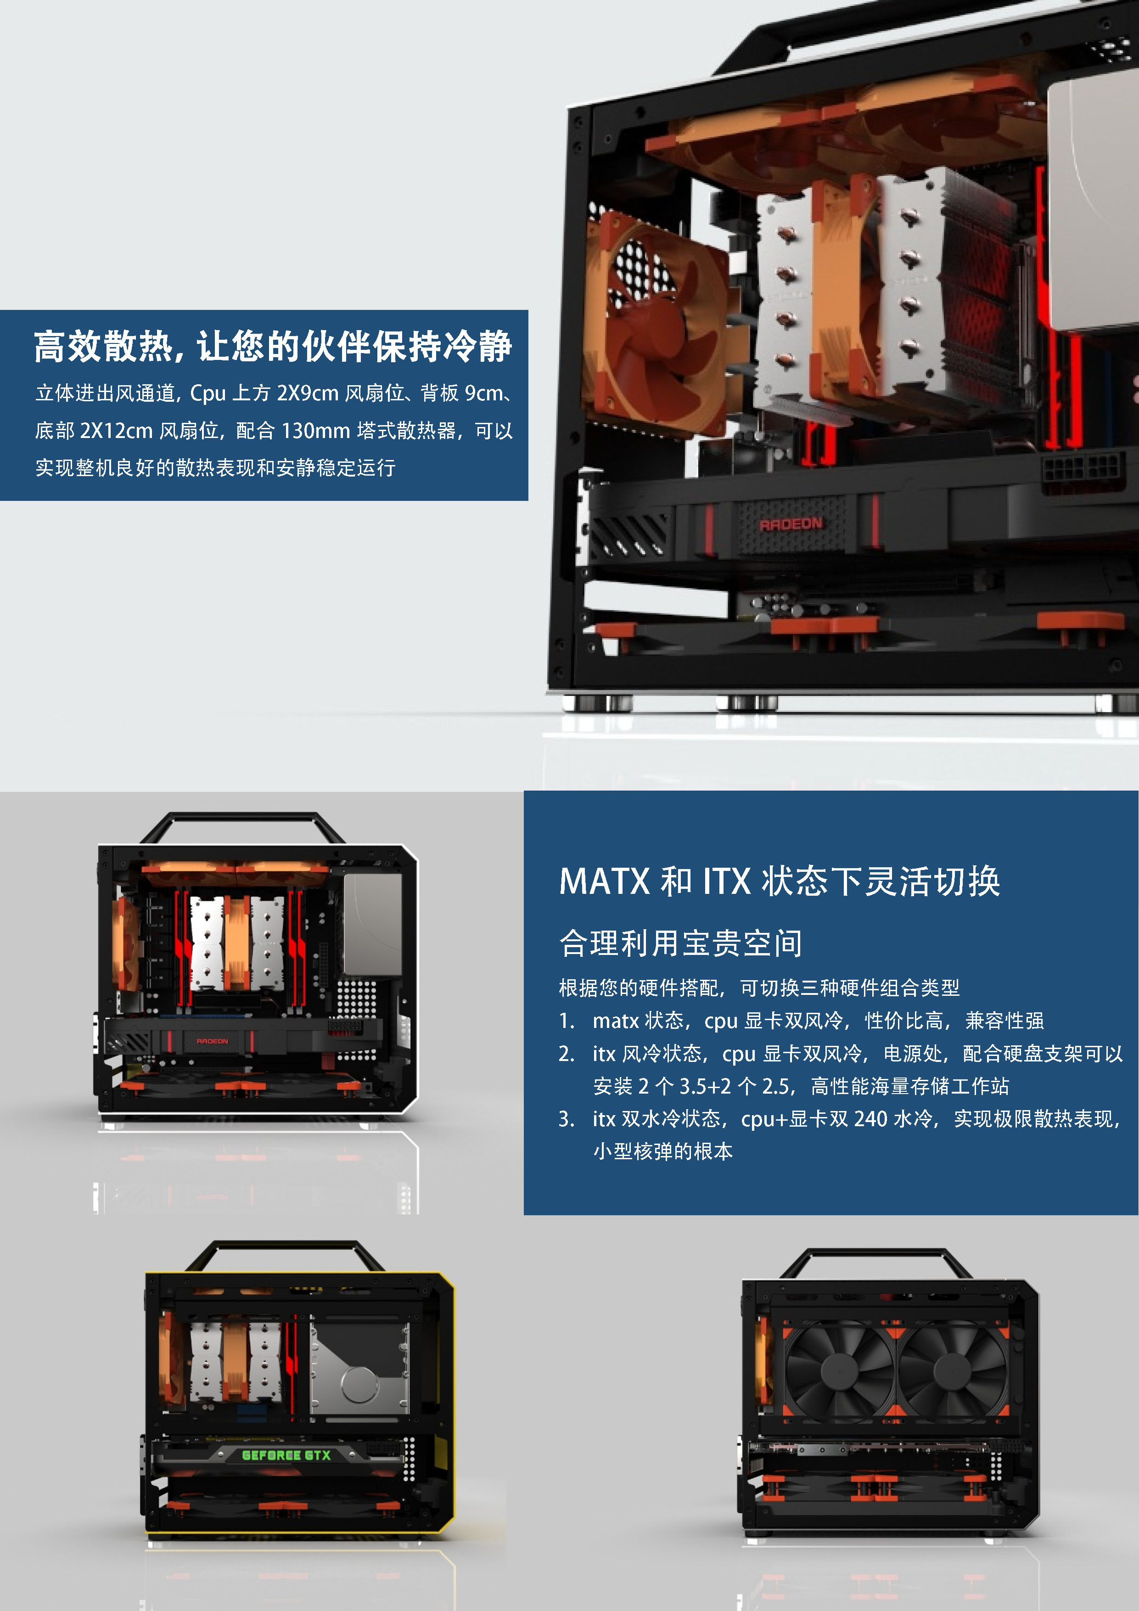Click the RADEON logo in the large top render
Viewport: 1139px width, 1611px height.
coord(791,523)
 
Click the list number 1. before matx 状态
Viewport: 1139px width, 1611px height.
coord(567,1021)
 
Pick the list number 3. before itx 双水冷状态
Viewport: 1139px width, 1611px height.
coord(567,1119)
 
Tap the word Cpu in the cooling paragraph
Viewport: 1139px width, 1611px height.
coord(208,393)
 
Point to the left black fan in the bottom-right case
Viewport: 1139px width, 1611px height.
coord(839,1369)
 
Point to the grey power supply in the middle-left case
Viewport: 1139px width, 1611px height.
coord(373,924)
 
